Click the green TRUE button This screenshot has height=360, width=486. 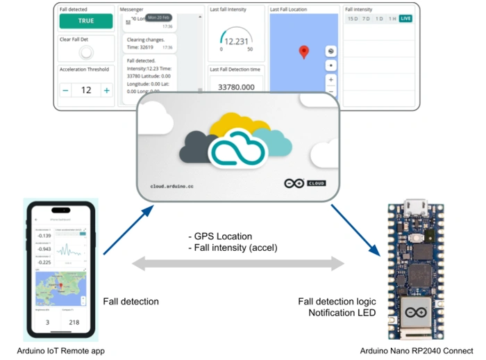coord(86,21)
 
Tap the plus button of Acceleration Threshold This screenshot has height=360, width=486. coord(106,90)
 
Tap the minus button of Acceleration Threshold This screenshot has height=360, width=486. coord(66,90)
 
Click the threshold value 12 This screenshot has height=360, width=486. coord(86,90)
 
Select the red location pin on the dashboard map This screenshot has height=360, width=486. coord(303,51)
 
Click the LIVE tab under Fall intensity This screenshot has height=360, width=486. coord(405,19)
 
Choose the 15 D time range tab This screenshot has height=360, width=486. coord(353,19)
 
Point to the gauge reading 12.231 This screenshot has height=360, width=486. coord(237,42)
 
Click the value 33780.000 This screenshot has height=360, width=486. coord(236,88)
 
